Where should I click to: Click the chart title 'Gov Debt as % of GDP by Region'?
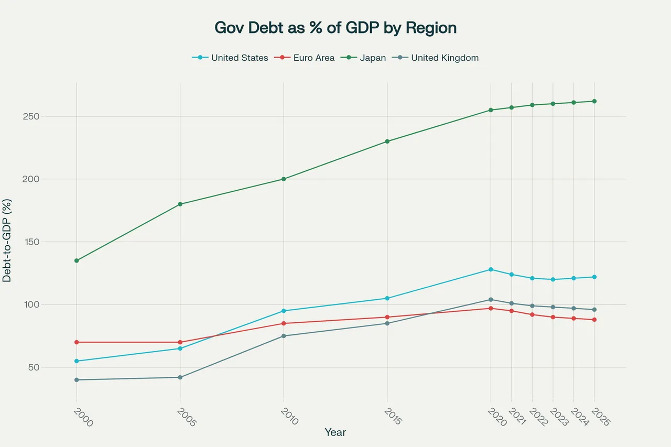click(335, 28)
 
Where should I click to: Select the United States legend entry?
click(240, 58)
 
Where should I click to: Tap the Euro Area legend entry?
click(313, 58)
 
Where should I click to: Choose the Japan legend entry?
click(372, 58)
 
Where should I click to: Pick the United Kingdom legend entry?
click(445, 58)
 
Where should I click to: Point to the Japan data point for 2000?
click(77, 260)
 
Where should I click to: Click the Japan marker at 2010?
click(284, 179)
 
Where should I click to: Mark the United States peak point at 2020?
click(491, 269)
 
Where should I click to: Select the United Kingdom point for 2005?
click(180, 377)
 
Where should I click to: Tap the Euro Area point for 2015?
click(387, 317)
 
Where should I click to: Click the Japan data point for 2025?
click(594, 101)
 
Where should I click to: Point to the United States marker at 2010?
click(284, 311)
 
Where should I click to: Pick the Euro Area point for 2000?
click(77, 342)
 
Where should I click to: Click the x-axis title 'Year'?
click(335, 432)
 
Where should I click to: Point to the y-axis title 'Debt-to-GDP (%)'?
click(7, 241)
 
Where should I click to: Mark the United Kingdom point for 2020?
click(491, 300)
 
